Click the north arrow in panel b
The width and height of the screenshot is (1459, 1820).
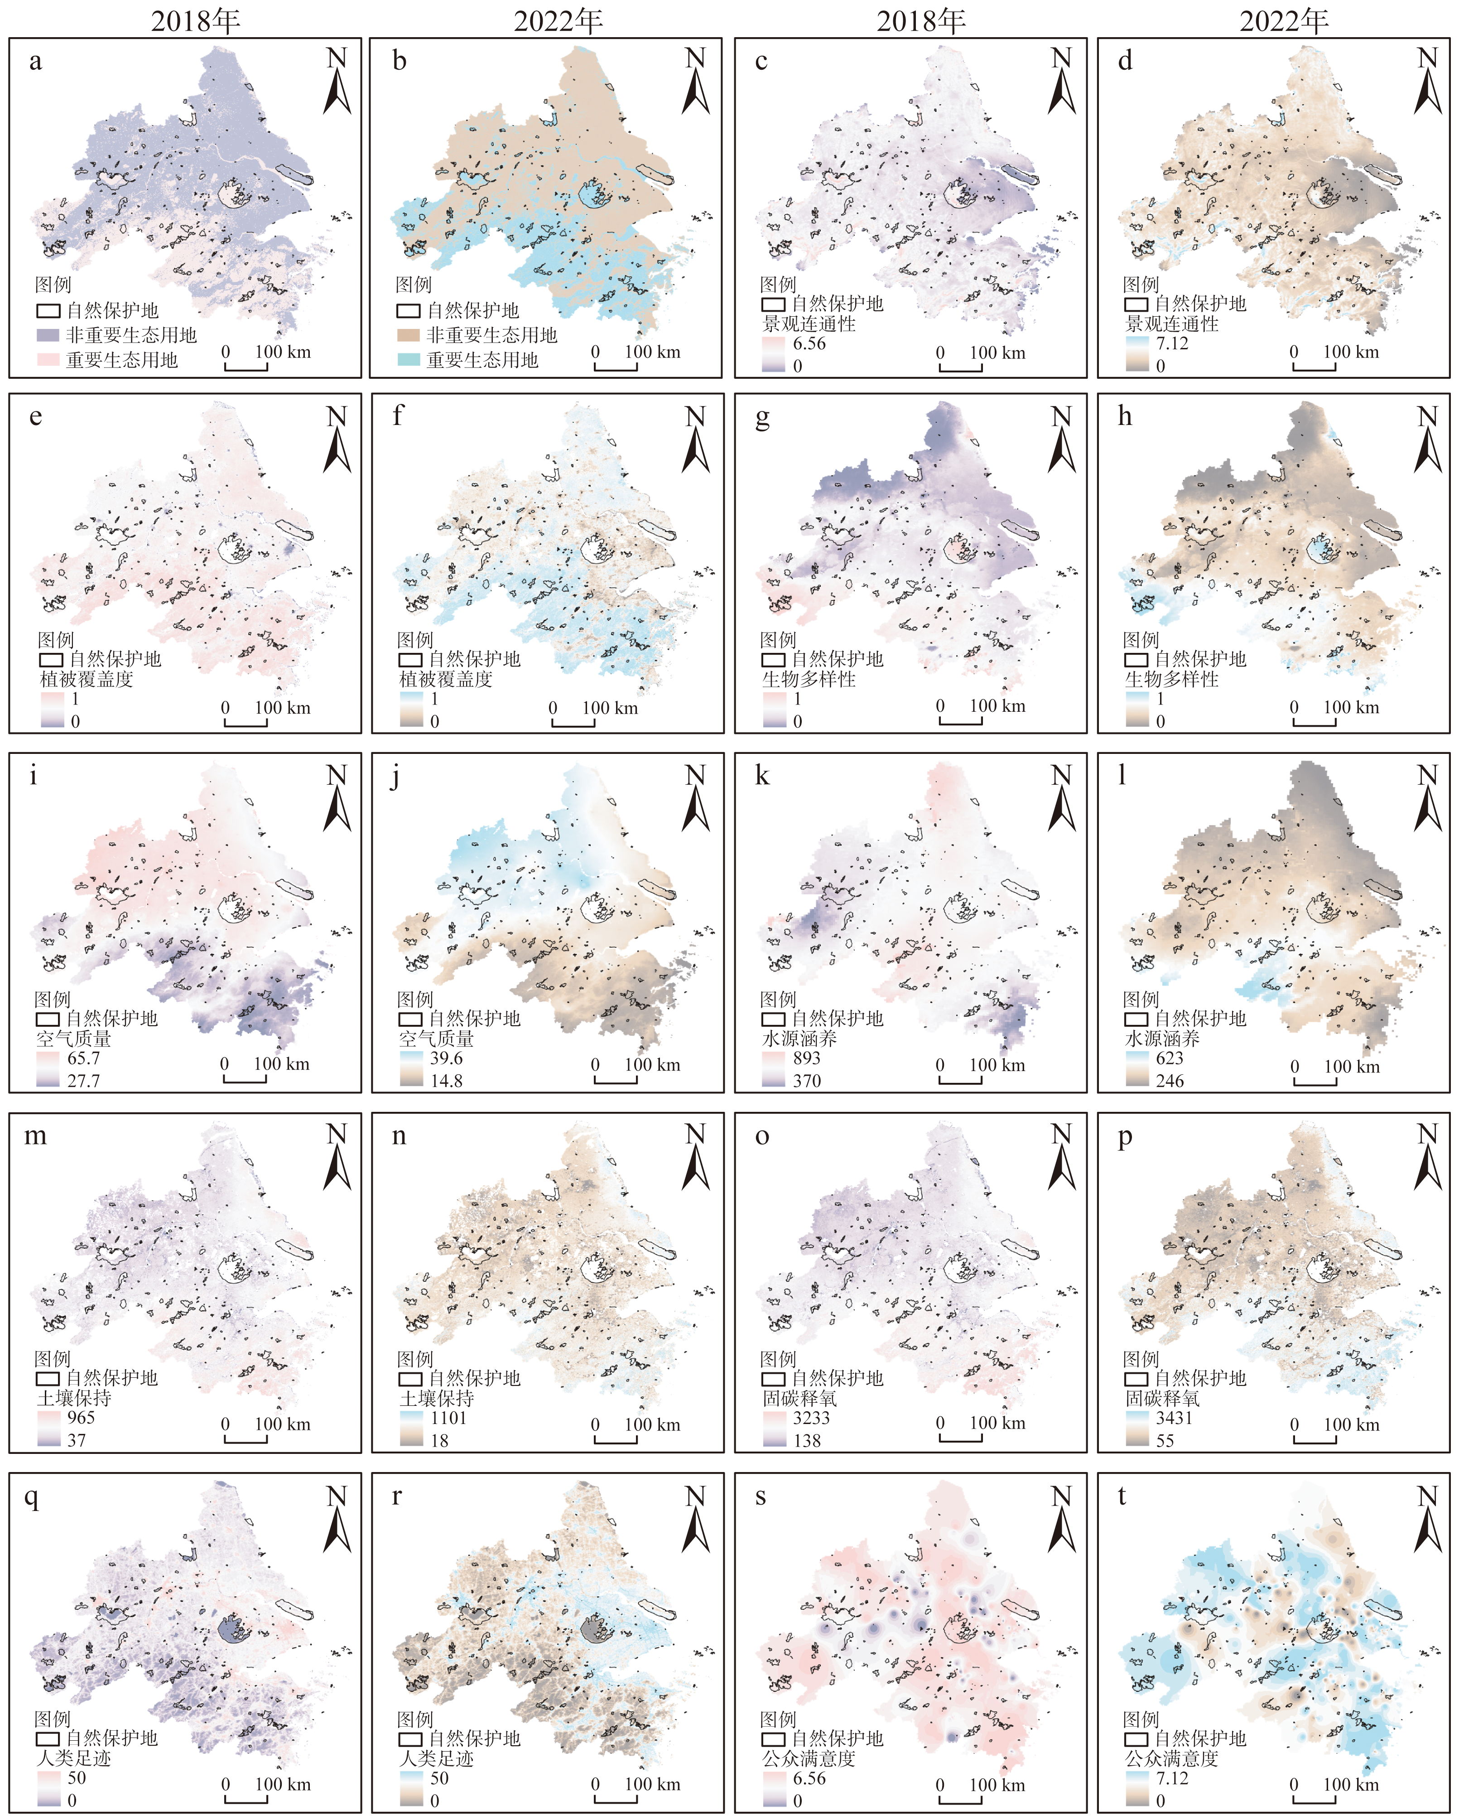pos(695,82)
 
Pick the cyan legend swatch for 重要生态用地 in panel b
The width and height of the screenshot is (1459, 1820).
pos(409,360)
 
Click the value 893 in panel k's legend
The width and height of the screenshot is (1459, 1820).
pos(806,1058)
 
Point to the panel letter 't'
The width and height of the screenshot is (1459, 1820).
pos(1122,1497)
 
